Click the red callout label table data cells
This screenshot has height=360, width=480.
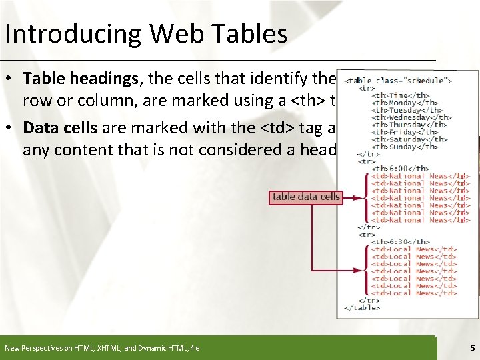coord(305,197)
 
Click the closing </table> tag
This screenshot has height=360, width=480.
coord(361,307)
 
